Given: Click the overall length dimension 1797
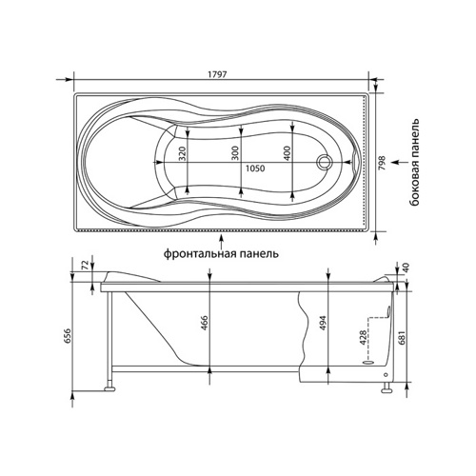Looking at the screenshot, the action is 217,74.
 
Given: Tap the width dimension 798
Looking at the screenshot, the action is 382,163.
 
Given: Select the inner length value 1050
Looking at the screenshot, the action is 255,169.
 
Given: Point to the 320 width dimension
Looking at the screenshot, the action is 182,153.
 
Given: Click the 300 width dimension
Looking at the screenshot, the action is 235,153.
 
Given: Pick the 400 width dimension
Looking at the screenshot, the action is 287,153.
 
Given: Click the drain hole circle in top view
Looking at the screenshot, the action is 325,161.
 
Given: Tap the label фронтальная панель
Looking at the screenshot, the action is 221,254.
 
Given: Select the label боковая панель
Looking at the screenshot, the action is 415,162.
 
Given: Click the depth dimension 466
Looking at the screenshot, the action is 205,323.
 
